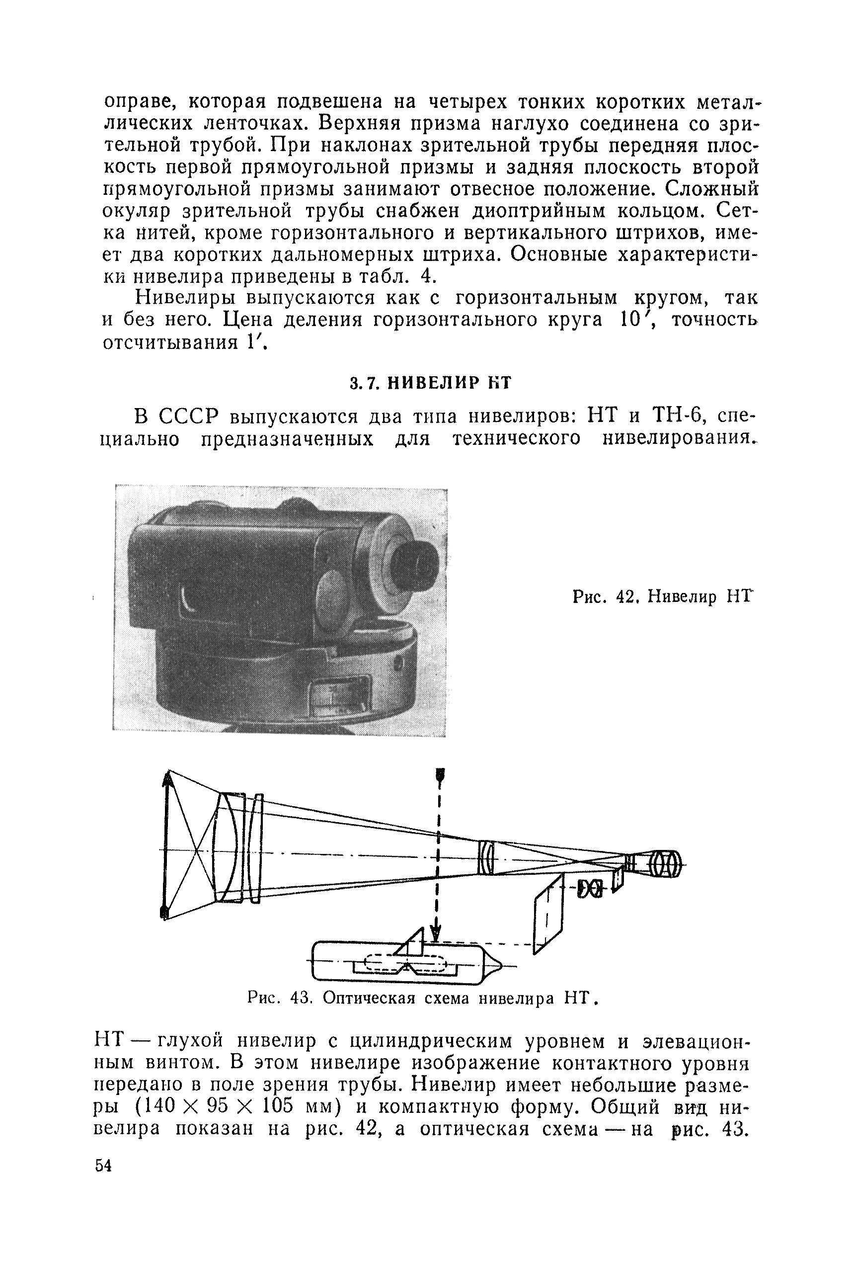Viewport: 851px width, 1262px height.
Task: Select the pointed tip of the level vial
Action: point(494,965)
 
